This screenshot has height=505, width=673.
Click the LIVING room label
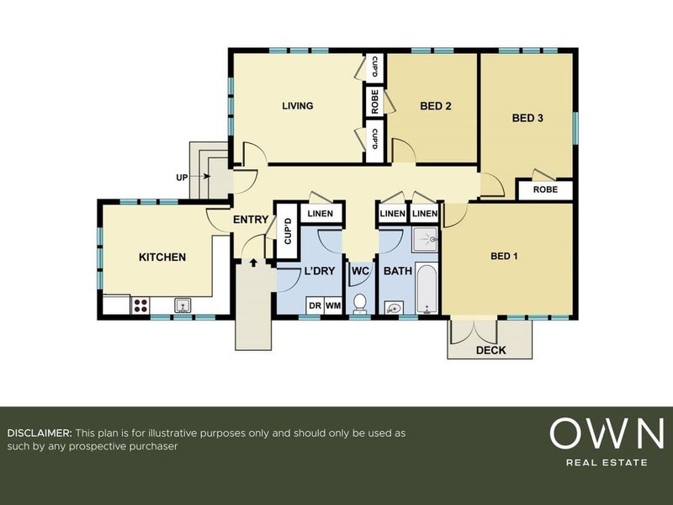tap(298, 106)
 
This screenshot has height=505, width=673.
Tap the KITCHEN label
tap(162, 258)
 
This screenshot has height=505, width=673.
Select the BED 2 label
tap(436, 106)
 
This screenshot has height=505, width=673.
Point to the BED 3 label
tap(527, 118)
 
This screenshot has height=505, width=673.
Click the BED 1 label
tap(504, 257)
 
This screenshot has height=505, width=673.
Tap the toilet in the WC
tap(360, 304)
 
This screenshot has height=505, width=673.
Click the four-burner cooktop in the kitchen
tap(140, 306)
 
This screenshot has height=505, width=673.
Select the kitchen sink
tap(183, 306)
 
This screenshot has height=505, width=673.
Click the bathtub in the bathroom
tap(427, 289)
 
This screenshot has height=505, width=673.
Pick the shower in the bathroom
tap(425, 239)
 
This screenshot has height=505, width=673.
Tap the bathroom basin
tap(393, 308)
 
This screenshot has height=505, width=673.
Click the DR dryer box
tap(315, 306)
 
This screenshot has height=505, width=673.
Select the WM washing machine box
tap(333, 306)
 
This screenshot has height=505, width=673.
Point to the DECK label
tap(491, 350)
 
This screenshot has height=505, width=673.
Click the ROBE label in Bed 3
tap(545, 189)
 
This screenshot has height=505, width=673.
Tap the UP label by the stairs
tap(182, 178)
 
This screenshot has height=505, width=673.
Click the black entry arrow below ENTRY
tap(253, 263)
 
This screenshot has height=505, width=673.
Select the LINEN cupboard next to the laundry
tap(321, 214)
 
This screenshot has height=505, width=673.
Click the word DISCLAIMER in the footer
tap(40, 433)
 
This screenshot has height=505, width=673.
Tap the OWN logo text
tap(607, 433)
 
